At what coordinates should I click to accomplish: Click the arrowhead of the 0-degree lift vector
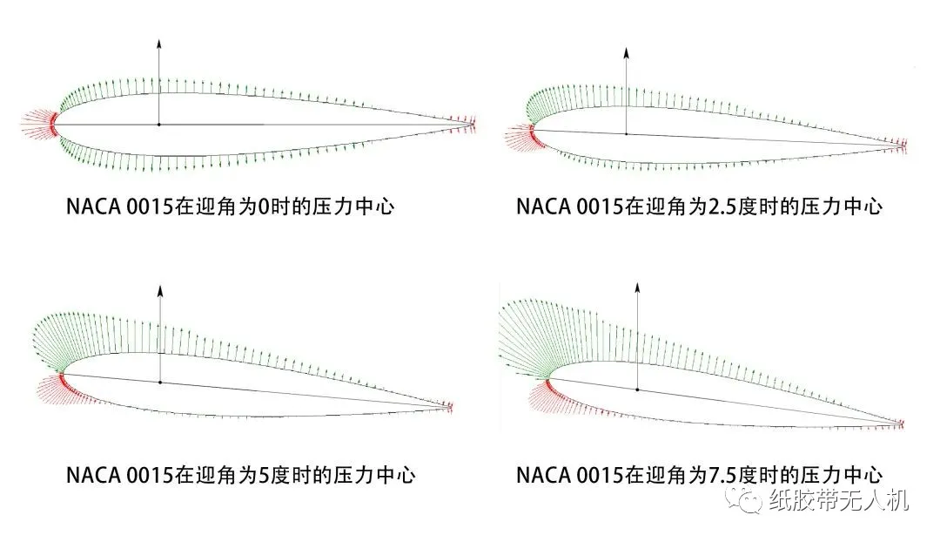click(158, 42)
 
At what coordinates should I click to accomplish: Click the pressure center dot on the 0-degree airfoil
click(158, 125)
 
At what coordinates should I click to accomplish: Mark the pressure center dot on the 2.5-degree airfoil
click(627, 133)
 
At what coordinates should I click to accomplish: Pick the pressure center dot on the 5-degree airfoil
click(160, 382)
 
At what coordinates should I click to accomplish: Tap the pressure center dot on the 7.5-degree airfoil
click(636, 390)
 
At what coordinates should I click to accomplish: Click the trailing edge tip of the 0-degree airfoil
click(474, 125)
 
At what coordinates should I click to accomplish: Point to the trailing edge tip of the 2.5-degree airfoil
click(906, 145)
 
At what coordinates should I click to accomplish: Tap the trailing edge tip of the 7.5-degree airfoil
click(902, 423)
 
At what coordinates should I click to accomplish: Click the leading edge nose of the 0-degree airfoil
click(55, 125)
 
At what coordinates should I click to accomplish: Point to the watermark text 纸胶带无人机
click(839, 500)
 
